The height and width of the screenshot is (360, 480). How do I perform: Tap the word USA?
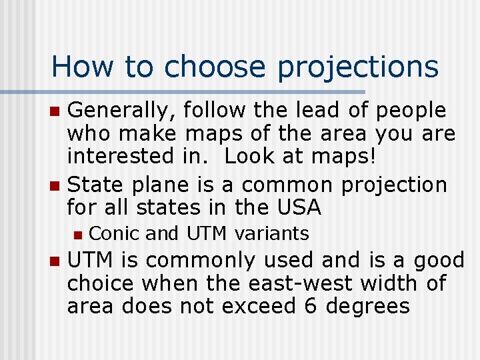296,208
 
